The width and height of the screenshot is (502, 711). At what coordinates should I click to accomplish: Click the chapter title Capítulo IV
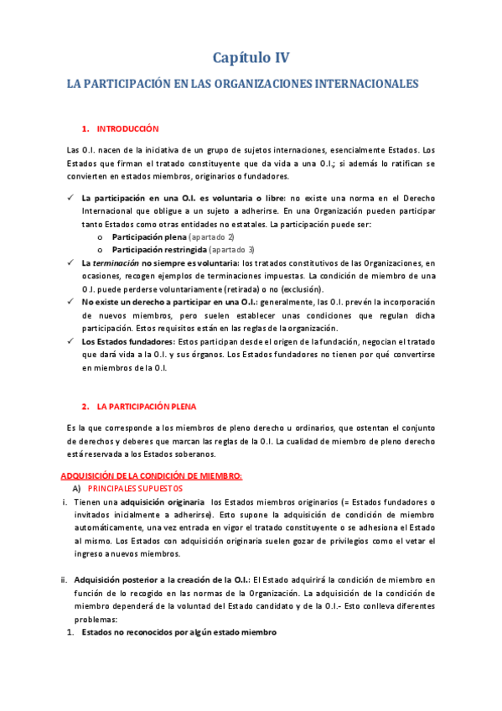pyautogui.click(x=250, y=58)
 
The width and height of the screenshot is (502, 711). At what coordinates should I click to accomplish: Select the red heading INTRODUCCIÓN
pyautogui.click(x=127, y=129)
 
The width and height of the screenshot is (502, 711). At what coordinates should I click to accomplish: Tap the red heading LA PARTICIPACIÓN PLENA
pyautogui.click(x=146, y=407)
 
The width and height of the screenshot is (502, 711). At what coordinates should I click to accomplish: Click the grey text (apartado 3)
pyautogui.click(x=231, y=250)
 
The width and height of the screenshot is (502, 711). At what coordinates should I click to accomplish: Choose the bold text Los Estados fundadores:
pyautogui.click(x=116, y=341)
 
